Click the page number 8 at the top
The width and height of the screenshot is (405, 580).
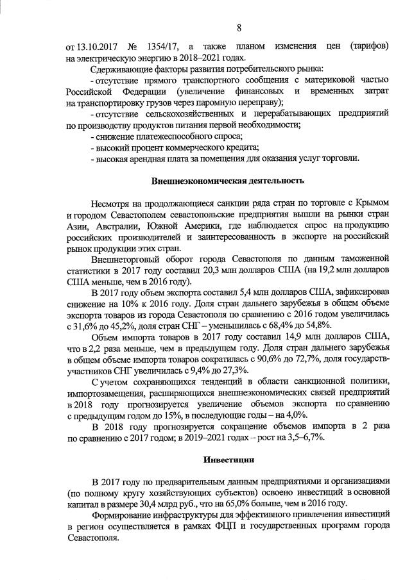(239, 28)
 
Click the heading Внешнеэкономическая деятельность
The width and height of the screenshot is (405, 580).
(228, 181)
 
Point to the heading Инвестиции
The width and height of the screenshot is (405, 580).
(229, 460)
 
